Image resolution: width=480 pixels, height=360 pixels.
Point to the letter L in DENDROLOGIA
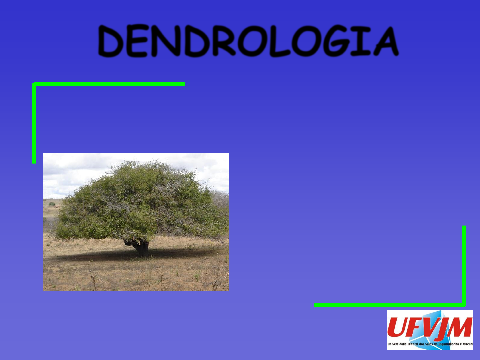pyautogui.click(x=280, y=41)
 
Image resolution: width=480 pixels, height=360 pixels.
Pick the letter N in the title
pyautogui.click(x=166, y=41)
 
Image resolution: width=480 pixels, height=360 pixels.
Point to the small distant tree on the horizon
pyautogui.click(x=52, y=204)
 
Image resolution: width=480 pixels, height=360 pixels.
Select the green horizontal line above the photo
pyautogui.click(x=109, y=84)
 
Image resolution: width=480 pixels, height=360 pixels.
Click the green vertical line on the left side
pyautogui.click(x=34, y=123)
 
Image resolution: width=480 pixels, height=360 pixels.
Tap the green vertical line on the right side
pyautogui.click(x=464, y=266)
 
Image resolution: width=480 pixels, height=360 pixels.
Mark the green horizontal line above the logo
pyautogui.click(x=389, y=305)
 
